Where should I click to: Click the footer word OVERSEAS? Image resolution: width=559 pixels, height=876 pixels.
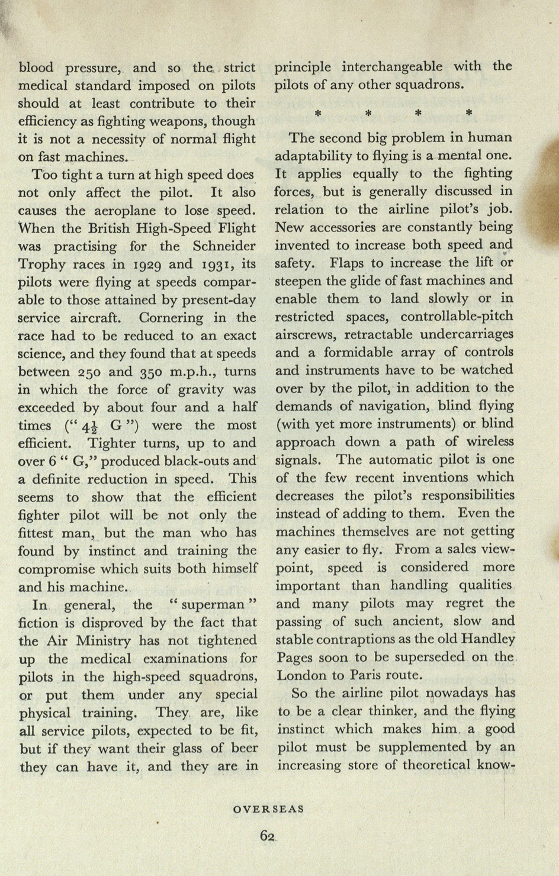click(268, 809)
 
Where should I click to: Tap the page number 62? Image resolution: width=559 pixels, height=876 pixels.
click(268, 836)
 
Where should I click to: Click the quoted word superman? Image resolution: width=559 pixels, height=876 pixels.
click(213, 605)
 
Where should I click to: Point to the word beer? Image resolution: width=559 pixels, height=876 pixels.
click(243, 748)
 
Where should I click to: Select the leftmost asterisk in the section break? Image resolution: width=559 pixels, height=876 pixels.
click(317, 112)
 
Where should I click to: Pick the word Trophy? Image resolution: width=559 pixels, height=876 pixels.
click(40, 265)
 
